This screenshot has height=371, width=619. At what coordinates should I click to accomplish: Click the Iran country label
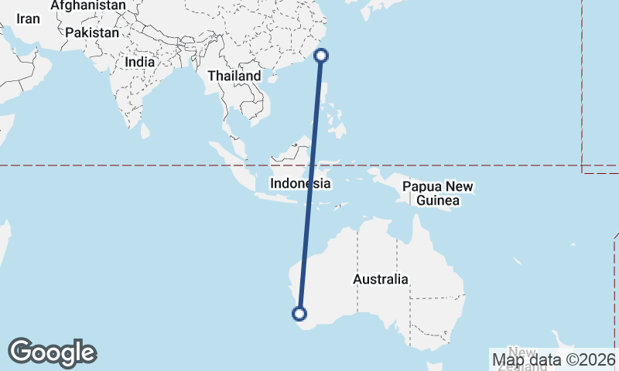[28, 19]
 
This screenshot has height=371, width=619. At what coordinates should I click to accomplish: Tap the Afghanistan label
[88, 5]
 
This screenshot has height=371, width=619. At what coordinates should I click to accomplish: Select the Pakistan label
[92, 32]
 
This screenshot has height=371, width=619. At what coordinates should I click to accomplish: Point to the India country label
[139, 62]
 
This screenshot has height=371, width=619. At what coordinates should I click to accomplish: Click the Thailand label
[234, 77]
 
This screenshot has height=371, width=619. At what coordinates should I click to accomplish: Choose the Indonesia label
[300, 184]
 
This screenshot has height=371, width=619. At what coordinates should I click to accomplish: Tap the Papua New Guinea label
[438, 193]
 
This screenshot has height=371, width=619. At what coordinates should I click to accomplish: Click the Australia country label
[380, 279]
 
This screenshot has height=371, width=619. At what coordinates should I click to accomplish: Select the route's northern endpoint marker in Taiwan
[322, 55]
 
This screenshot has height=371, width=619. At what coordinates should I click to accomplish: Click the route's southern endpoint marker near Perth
[299, 313]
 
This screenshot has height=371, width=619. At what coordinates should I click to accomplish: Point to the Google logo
[52, 352]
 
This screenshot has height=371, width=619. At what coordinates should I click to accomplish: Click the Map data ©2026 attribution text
[554, 359]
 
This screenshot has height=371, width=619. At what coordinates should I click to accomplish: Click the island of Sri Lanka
[145, 132]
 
